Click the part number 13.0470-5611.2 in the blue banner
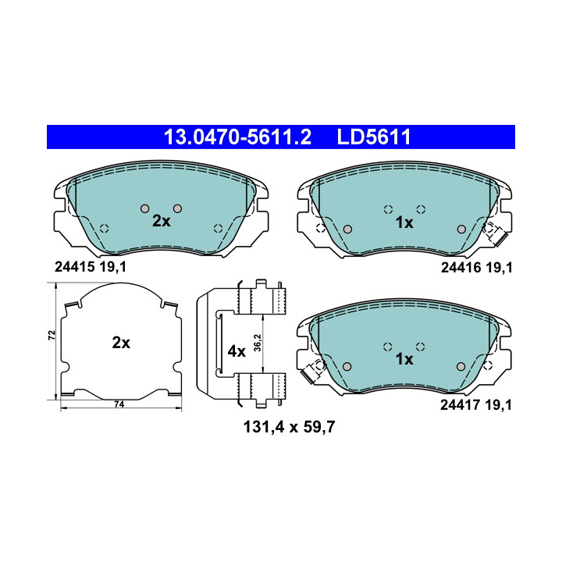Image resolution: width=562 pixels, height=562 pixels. [237, 137]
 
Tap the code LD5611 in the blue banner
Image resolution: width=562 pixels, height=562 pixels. [373, 137]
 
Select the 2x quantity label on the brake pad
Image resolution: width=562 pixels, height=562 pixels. [162, 221]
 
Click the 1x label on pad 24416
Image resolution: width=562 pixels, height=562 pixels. [404, 222]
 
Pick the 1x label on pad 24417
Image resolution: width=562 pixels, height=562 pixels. [404, 359]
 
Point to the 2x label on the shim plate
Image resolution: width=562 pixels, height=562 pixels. [121, 343]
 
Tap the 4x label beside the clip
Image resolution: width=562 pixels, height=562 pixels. [237, 351]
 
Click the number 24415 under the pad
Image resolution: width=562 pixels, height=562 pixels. [75, 267]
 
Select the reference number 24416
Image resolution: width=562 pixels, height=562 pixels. [461, 268]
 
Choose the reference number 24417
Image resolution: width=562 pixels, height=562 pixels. [460, 405]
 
